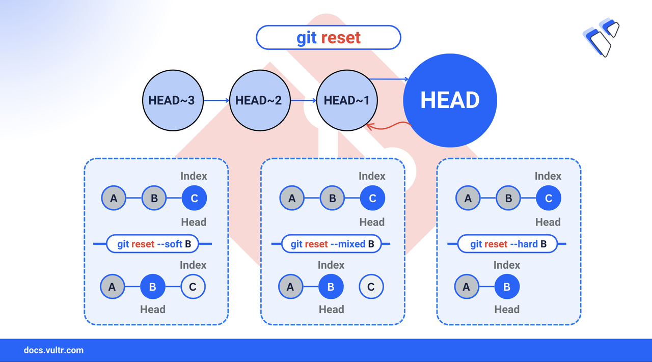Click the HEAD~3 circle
click(x=173, y=100)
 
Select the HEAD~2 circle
click(x=260, y=100)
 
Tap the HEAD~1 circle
click(x=347, y=100)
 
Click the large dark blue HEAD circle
click(x=450, y=100)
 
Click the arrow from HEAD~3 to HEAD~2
click(x=216, y=100)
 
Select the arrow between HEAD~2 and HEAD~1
click(x=303, y=100)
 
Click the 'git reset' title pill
click(x=329, y=38)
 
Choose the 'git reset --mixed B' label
click(x=332, y=244)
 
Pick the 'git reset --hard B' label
click(x=508, y=244)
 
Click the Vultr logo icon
click(x=601, y=38)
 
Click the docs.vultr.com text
click(x=53, y=350)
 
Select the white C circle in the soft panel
click(x=193, y=287)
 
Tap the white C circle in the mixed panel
click(x=371, y=287)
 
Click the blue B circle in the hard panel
click(x=507, y=287)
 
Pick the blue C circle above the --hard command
click(x=549, y=198)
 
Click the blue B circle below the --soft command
click(x=152, y=287)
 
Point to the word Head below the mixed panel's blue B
click(x=331, y=310)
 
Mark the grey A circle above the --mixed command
click(x=292, y=198)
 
